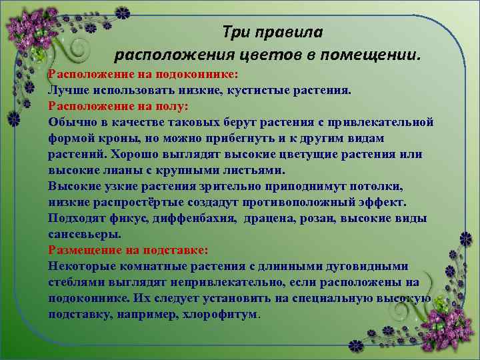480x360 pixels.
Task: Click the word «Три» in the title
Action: point(235,31)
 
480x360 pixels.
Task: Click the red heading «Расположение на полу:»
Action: point(119,106)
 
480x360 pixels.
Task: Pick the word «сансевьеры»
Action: point(85,234)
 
